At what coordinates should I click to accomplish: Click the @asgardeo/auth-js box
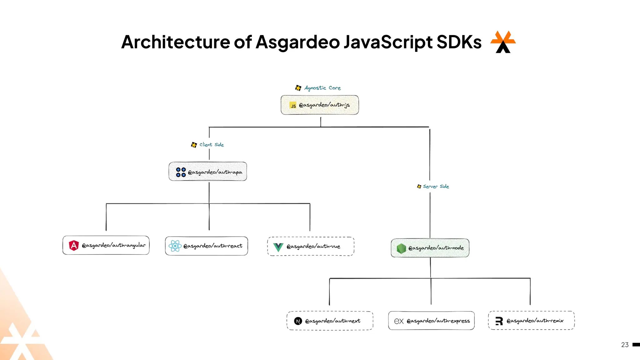[320, 105]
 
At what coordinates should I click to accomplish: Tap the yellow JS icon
[293, 106]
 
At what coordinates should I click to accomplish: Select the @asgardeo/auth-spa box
[208, 172]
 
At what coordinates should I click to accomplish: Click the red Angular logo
[74, 245]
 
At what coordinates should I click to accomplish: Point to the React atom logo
[175, 246]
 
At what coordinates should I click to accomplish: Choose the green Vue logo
[278, 247]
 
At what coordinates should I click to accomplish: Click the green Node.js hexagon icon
[401, 248]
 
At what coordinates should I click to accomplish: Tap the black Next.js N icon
[298, 321]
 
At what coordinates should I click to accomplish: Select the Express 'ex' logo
[399, 321]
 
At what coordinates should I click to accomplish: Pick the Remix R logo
[499, 321]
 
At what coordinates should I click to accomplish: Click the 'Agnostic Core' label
[322, 88]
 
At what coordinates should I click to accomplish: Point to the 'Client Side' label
[212, 145]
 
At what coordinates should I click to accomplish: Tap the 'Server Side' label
[436, 187]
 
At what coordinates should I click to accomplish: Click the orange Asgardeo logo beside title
[503, 42]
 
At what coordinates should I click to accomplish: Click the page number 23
[625, 345]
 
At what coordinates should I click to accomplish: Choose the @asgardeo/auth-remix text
[535, 321]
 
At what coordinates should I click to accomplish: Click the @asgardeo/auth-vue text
[313, 247]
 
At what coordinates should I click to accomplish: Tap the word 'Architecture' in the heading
[176, 42]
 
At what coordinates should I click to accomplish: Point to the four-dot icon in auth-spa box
[181, 172]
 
